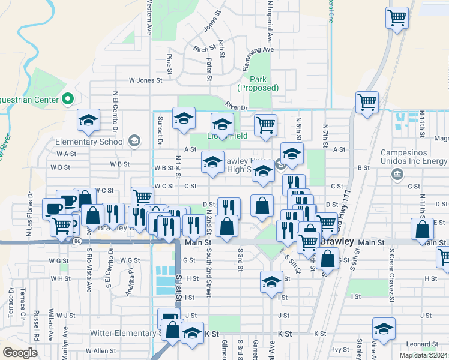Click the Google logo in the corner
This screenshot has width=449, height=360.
click(20, 353)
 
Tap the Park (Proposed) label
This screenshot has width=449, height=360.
click(258, 83)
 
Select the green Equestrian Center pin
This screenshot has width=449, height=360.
click(68, 99)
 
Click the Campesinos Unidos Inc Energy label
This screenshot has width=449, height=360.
click(414, 161)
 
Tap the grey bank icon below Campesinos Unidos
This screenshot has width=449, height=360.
click(397, 174)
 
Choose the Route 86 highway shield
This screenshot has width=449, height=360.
click(77, 241)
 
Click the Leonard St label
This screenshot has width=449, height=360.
click(418, 344)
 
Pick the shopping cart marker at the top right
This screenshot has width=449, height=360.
click(397, 18)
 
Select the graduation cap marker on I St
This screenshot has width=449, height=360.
click(271, 281)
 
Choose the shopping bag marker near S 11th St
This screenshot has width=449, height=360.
click(422, 229)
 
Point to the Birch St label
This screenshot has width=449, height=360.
click(205, 49)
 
